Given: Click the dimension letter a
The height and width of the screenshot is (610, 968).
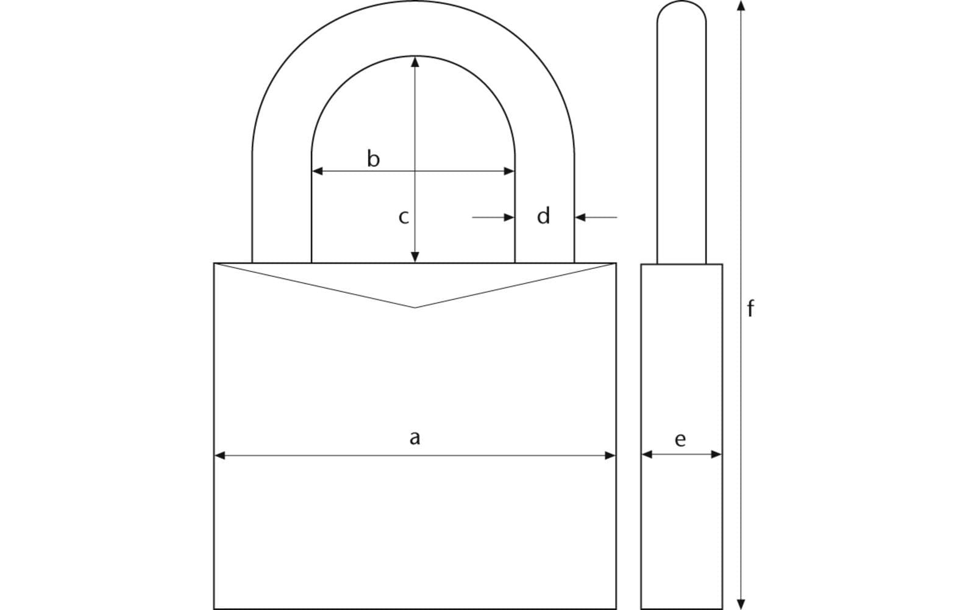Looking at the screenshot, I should pos(415,437).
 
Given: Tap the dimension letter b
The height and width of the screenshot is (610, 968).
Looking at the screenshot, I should pos(373,159).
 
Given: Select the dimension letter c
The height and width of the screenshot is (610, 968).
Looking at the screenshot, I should pos(403,217).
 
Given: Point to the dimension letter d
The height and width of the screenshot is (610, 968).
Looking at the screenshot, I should pos(543,216).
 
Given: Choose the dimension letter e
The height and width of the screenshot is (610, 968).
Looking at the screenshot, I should pos(680,439).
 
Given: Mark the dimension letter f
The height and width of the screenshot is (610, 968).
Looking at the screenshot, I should pos(750,309).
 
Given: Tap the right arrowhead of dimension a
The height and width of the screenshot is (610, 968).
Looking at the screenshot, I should pos(610,455).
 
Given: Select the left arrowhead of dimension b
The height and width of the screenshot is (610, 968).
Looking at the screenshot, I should pos(317,171).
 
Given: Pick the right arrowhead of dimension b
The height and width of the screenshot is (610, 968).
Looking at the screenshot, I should pos(510,171).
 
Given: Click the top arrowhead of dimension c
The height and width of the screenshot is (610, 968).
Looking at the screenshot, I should pos(415,61).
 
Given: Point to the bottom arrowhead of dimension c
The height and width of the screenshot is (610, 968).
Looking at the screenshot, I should pos(415,257).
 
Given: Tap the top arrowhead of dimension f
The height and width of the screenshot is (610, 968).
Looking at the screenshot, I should pos(741,6).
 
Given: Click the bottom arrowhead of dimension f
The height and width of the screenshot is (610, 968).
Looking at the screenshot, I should pos(741,604).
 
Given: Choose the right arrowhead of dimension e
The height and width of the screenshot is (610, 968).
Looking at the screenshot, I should pos(717,454).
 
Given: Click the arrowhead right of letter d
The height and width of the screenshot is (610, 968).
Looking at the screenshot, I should pos(580,217).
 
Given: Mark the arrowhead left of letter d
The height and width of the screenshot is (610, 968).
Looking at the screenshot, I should pos(509,217).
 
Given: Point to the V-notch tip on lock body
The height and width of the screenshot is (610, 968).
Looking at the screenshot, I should pos(415,307).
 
